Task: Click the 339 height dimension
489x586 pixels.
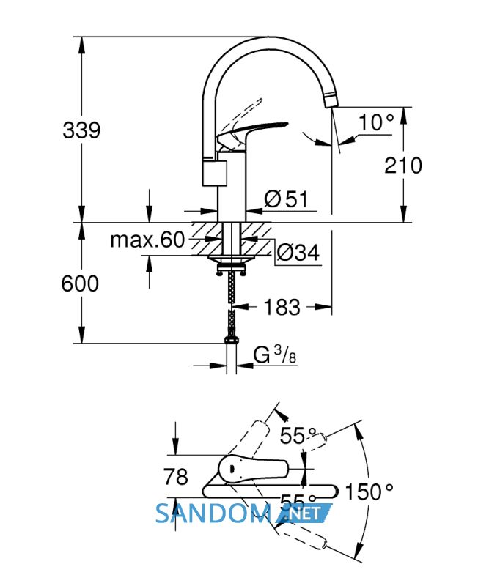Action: coord(81,130)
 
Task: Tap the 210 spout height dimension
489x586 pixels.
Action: coord(403,166)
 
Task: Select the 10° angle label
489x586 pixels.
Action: coord(376,122)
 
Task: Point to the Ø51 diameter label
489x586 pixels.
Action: coord(286,199)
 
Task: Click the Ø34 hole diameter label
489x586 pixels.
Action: coord(298,253)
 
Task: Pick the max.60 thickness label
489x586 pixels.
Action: coord(147,240)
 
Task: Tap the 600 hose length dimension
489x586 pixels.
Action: coord(80,283)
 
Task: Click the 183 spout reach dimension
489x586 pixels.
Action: coord(282,307)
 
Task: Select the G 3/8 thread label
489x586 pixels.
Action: coord(275,355)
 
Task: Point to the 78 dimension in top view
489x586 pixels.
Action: coord(175,477)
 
